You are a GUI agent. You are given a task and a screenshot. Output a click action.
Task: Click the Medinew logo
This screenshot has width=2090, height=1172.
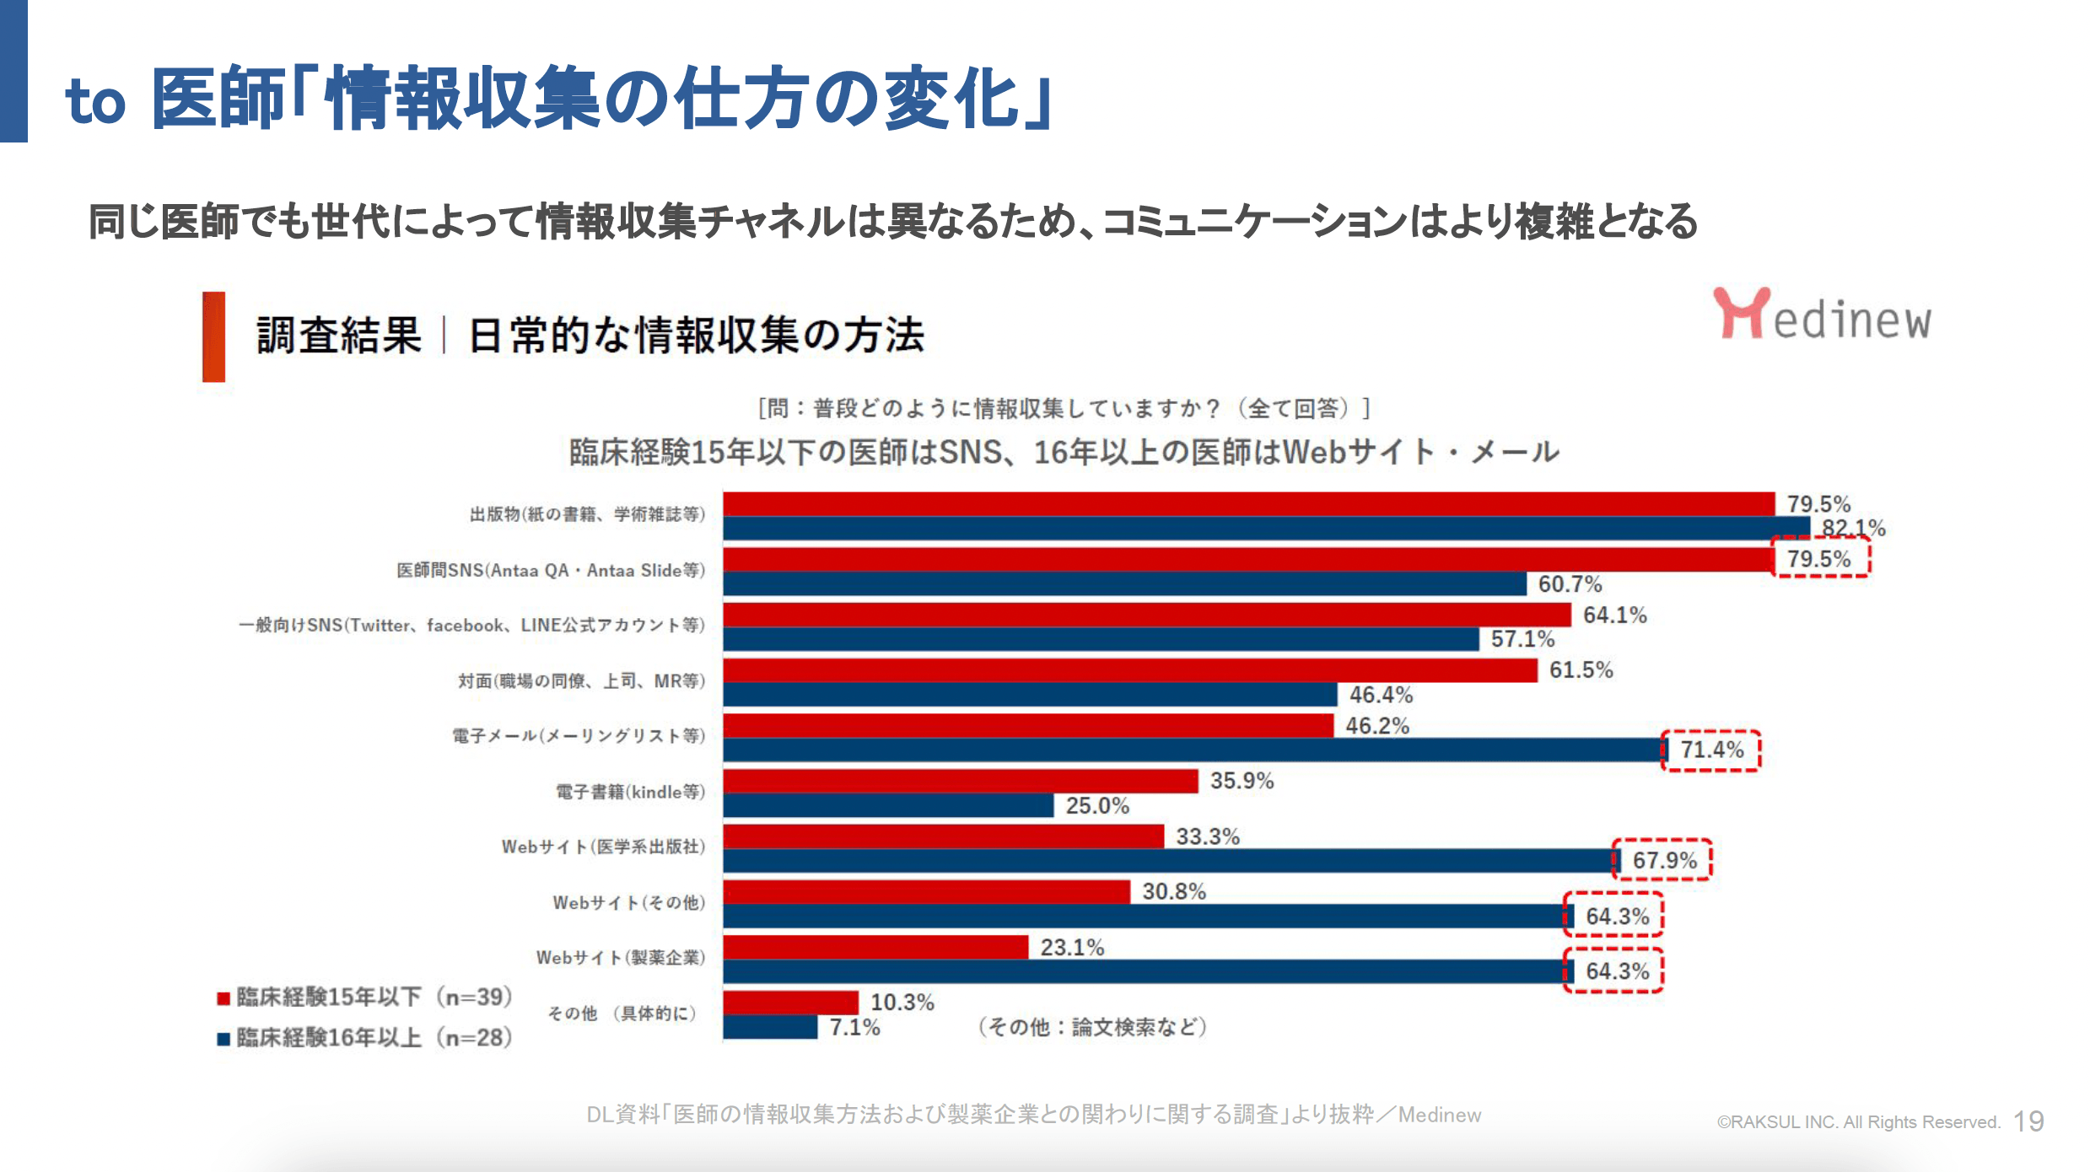1822,315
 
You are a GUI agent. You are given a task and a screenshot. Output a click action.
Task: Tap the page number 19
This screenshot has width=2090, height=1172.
2028,1121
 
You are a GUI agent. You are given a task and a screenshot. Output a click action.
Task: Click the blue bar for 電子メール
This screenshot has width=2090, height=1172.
1193,750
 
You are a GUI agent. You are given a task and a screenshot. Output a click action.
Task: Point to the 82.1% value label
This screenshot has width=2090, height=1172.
1853,529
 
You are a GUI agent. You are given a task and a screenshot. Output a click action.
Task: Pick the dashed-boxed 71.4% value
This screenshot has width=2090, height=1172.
1711,750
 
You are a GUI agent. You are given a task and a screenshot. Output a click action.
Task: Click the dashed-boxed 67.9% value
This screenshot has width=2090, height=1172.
1663,860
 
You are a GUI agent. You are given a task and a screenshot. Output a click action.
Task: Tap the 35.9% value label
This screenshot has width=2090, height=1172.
1242,781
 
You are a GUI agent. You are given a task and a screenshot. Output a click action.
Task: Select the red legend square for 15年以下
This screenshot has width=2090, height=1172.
224,998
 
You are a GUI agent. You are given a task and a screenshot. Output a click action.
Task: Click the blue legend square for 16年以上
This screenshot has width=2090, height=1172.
224,1039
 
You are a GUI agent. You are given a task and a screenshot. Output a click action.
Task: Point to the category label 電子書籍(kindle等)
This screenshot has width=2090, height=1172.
629,792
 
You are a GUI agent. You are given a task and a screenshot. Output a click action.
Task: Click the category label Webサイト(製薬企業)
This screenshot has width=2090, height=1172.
620,957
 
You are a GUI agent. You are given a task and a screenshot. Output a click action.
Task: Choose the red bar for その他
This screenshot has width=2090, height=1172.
790,1003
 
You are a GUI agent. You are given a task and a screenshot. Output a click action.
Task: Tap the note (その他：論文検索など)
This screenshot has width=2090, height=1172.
1092,1027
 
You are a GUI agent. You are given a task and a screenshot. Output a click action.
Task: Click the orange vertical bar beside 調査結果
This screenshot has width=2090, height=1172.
213,336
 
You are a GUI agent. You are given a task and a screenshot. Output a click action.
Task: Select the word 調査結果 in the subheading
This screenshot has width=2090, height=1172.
338,336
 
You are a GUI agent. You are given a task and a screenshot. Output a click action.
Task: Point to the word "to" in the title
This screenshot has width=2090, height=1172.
95,102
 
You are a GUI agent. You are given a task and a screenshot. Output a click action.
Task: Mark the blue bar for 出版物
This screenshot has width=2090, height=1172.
1265,529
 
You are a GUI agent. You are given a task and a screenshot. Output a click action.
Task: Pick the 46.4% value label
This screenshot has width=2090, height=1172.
1381,695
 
